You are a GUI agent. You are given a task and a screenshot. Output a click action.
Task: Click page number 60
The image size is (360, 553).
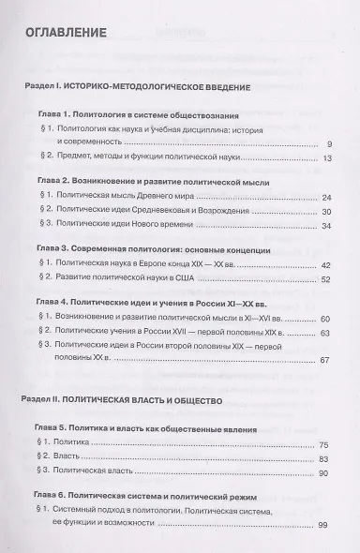click(x=326, y=320)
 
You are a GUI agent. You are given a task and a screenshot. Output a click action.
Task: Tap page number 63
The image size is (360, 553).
click(x=326, y=334)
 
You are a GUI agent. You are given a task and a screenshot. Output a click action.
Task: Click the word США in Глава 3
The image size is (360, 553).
click(x=190, y=279)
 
